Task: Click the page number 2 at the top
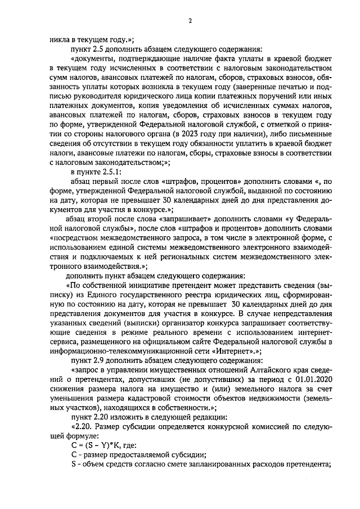[190, 21]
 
